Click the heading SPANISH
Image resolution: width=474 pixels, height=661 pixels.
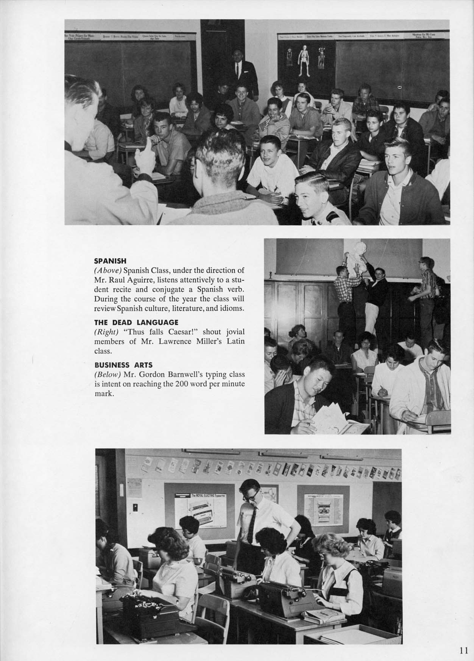(x=110, y=261)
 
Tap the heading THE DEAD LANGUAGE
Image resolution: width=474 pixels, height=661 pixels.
(x=136, y=322)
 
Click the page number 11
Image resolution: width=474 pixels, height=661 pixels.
(x=464, y=650)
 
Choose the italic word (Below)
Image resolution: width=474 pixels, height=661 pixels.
(x=107, y=375)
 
